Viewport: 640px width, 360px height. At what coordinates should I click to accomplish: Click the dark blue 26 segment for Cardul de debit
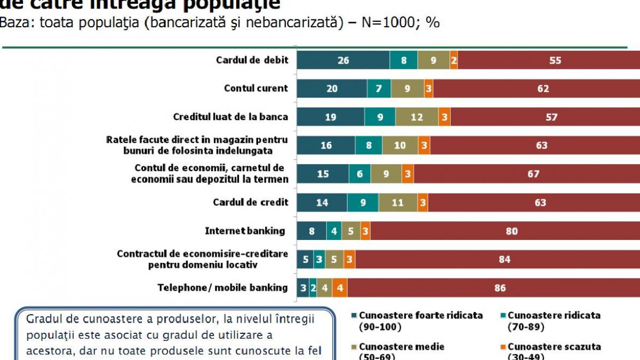(343, 60)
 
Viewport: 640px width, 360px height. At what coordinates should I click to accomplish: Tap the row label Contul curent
(255, 89)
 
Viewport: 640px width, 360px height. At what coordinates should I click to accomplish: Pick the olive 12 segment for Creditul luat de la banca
(417, 117)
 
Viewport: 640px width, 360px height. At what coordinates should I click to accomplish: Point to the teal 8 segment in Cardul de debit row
(404, 60)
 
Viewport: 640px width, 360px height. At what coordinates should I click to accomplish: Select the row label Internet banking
(245, 231)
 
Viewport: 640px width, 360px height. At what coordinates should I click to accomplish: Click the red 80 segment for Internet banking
(512, 231)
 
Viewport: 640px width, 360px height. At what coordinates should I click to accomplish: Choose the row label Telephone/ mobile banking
(222, 288)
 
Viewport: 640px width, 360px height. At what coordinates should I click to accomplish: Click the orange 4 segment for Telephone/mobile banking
(339, 288)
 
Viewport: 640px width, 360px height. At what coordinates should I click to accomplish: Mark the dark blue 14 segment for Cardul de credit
(322, 203)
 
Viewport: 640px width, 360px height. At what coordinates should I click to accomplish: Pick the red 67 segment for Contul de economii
(533, 174)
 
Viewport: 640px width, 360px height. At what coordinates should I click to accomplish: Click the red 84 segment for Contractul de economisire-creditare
(504, 259)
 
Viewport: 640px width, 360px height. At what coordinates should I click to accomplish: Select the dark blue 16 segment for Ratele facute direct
(326, 145)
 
